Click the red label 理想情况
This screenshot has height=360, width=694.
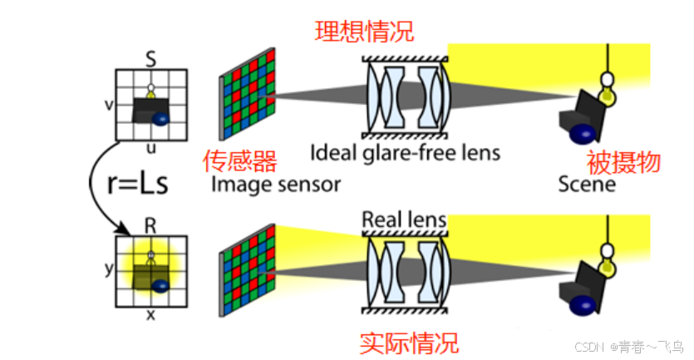[364, 32]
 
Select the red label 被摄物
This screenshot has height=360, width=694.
[623, 161]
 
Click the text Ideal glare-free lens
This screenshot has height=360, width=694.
[405, 153]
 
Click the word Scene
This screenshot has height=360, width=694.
[587, 183]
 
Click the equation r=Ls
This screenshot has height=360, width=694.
[138, 184]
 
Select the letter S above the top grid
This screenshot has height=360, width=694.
[150, 59]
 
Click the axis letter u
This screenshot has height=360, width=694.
[150, 147]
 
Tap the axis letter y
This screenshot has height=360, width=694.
[108, 269]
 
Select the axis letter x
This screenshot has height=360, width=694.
[150, 315]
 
